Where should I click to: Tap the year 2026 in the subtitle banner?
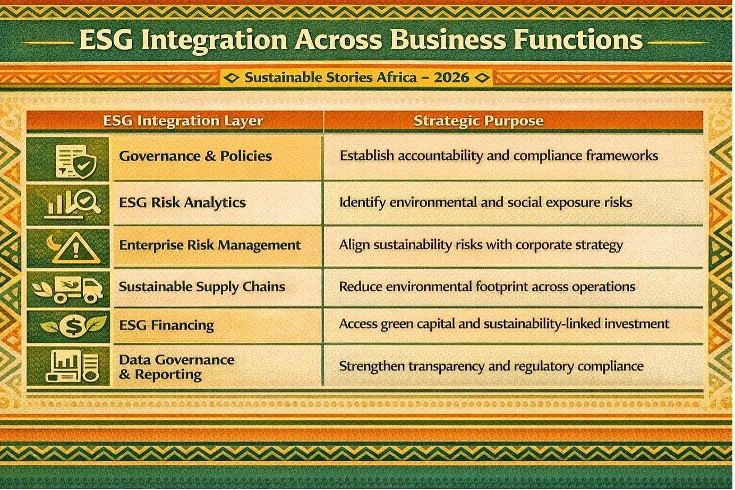[x=451, y=78]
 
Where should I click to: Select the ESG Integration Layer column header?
[x=183, y=121]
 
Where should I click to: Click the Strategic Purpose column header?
[x=478, y=121]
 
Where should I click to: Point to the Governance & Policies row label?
[x=195, y=156]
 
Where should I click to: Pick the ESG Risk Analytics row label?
[x=182, y=202]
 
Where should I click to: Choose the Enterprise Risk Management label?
[x=210, y=246]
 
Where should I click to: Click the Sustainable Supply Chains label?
[x=202, y=286]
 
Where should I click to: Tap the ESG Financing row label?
[x=166, y=325]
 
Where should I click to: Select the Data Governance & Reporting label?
[x=176, y=367]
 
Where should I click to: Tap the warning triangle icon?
[x=76, y=249]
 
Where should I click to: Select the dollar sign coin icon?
[x=73, y=326]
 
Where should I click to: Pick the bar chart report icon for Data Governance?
[x=72, y=366]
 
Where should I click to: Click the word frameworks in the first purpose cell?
[x=622, y=156]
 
